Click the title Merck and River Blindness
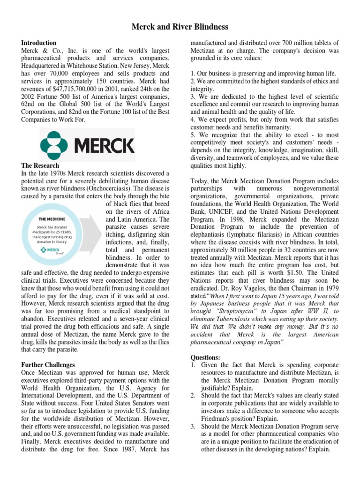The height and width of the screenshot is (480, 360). click(x=180, y=27)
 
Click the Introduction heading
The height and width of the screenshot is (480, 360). click(x=39, y=43)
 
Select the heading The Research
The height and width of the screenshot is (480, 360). click(x=40, y=165)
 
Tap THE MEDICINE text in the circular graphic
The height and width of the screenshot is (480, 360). click(x=52, y=218)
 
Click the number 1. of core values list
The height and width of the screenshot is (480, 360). click(x=193, y=74)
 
